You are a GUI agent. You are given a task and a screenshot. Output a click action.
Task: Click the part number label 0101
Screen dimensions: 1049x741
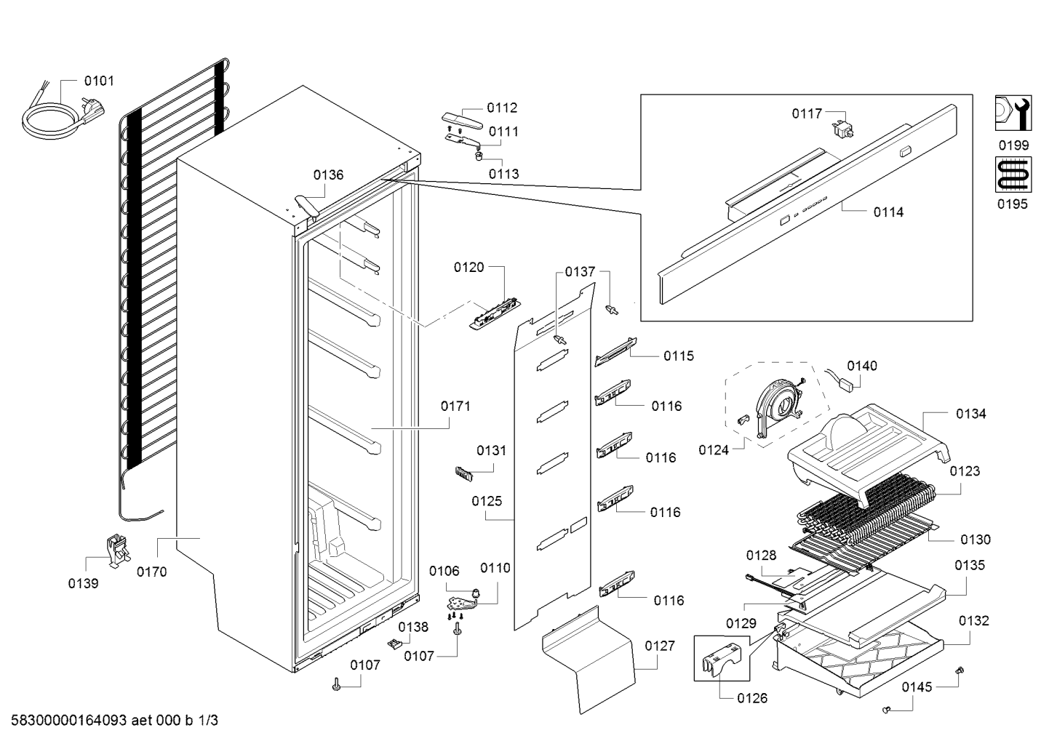[x=99, y=81]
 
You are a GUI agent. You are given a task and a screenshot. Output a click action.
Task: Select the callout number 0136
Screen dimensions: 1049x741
[x=328, y=175]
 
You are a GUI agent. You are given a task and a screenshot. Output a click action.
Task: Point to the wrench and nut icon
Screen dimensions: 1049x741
[x=1013, y=113]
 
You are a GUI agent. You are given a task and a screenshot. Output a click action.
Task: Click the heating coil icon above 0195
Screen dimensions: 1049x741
[x=1013, y=175]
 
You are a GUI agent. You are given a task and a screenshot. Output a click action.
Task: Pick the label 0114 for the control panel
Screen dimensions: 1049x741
[x=888, y=212]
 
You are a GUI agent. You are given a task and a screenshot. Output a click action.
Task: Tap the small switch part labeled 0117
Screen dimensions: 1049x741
[x=842, y=129]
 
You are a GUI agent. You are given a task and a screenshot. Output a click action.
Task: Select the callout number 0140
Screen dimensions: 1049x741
[x=861, y=366]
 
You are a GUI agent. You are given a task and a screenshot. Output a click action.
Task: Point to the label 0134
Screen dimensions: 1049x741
[x=970, y=414]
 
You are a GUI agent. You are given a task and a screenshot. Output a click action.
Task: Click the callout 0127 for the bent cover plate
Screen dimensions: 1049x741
[x=660, y=646]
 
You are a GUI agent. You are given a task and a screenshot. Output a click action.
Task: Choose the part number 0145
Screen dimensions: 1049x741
[x=917, y=687]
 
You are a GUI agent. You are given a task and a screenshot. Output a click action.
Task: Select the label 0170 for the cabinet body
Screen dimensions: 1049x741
[x=152, y=572]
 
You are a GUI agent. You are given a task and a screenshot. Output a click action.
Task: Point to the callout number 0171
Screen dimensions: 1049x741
[x=455, y=406]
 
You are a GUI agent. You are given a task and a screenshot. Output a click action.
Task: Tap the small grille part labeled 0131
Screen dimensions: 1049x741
[x=463, y=473]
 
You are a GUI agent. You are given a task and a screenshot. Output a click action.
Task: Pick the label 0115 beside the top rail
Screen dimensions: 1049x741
[x=679, y=356]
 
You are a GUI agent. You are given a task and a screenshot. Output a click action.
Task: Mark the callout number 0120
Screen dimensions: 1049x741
[x=468, y=268]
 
